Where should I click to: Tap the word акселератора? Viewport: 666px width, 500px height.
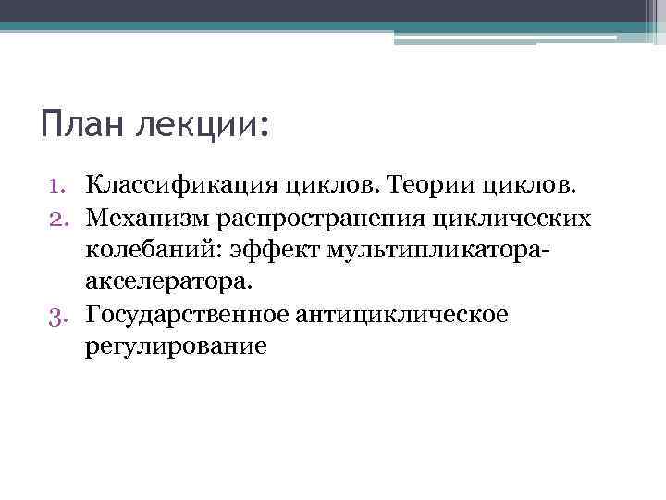[167, 280]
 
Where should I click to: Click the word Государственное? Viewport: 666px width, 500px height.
[186, 315]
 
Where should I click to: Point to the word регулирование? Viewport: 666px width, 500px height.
[176, 346]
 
